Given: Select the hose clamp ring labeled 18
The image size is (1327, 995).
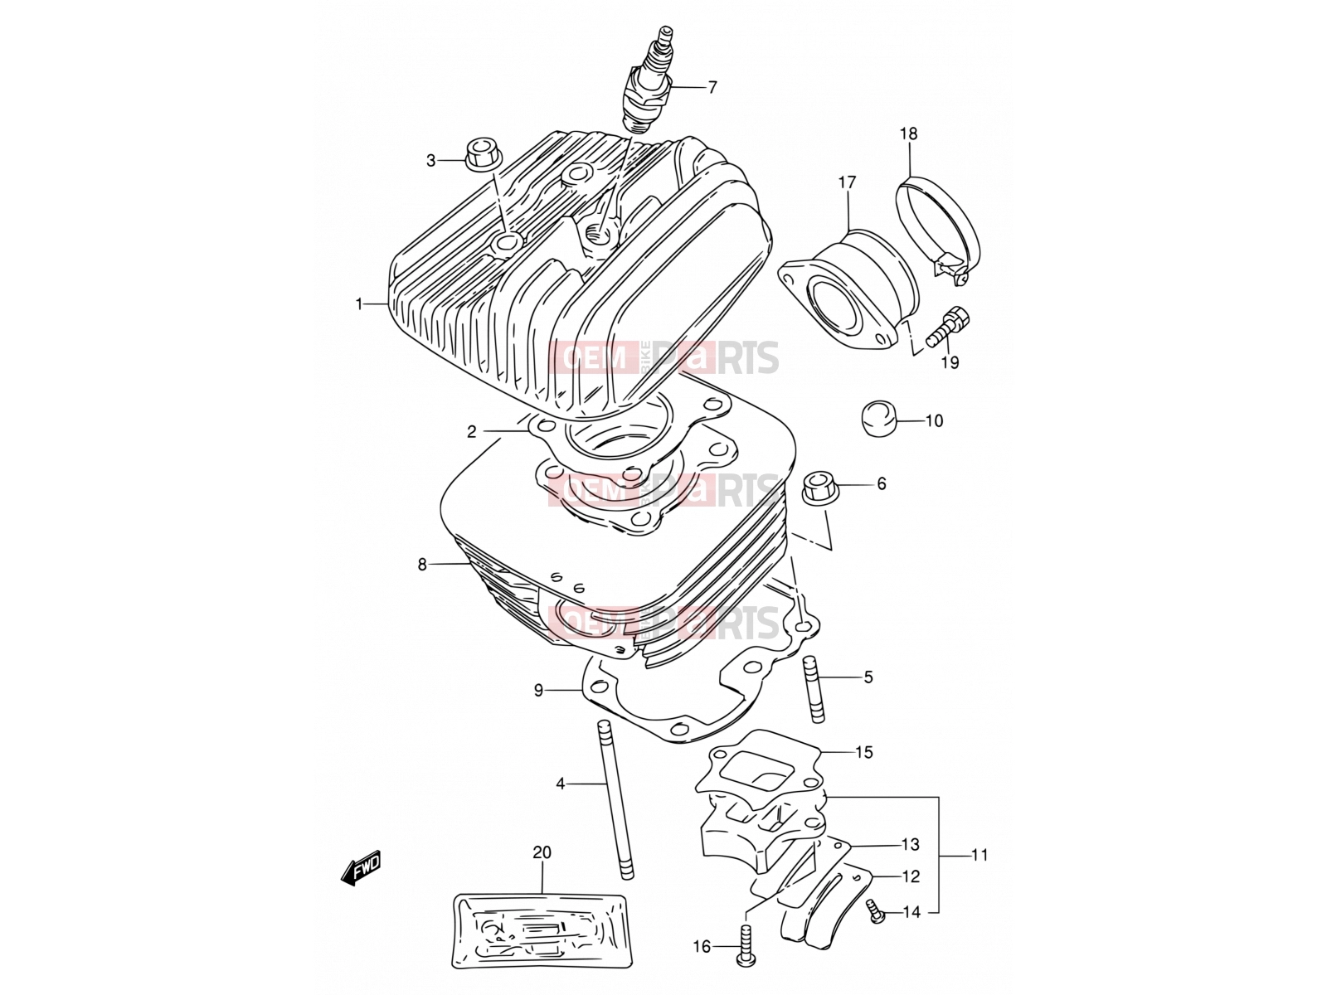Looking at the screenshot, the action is click(x=938, y=230).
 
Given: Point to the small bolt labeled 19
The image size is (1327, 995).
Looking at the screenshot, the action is click(x=948, y=327).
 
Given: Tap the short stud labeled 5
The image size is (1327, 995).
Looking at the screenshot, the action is click(x=813, y=689).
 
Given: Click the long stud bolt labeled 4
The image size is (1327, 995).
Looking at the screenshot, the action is click(x=615, y=800).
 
